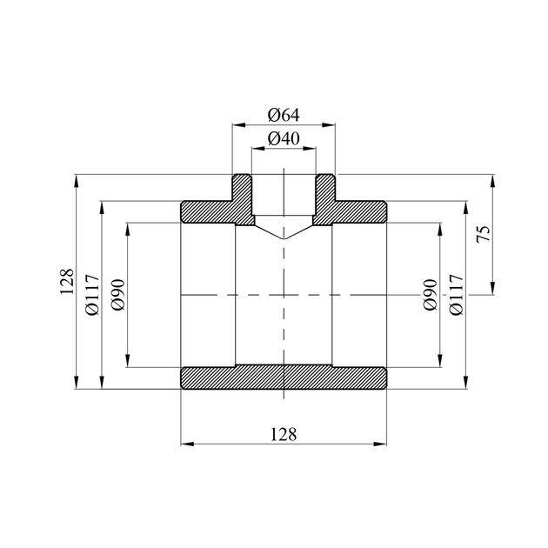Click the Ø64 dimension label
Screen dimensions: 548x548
284,115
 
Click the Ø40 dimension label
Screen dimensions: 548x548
284,139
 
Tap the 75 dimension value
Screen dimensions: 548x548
484,234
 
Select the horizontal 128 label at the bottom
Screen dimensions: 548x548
284,434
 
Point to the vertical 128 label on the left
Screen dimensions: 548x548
66,282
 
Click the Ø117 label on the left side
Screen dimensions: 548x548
92,295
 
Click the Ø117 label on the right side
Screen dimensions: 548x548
457,295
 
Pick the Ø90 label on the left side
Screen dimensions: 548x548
117,295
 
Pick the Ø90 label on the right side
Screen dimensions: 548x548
431,295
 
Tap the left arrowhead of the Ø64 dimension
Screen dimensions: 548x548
238,124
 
